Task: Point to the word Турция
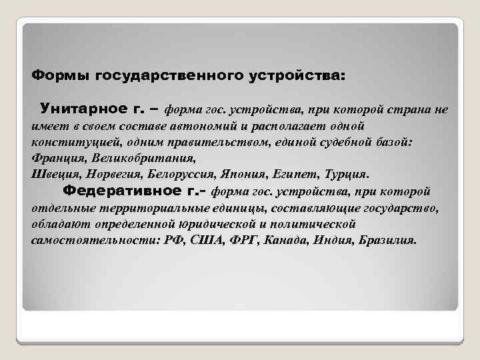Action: tap(345, 175)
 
